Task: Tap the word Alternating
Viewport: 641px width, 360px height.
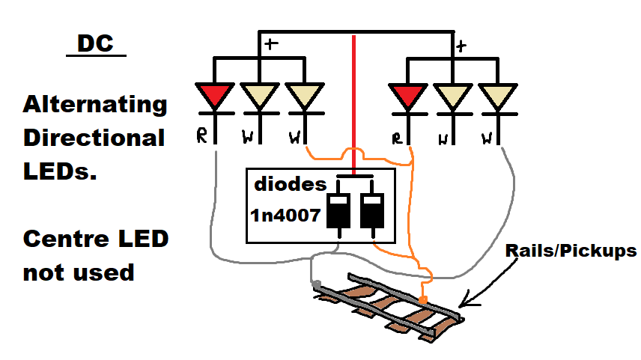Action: tap(95, 105)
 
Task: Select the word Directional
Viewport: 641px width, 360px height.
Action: tap(94, 138)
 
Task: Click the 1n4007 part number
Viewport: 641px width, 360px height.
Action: tap(286, 216)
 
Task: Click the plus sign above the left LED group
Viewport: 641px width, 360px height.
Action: tap(270, 43)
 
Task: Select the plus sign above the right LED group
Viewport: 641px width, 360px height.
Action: tap(461, 46)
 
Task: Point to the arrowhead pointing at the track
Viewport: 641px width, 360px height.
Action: tap(466, 303)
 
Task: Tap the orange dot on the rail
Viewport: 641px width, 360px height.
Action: tap(424, 300)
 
